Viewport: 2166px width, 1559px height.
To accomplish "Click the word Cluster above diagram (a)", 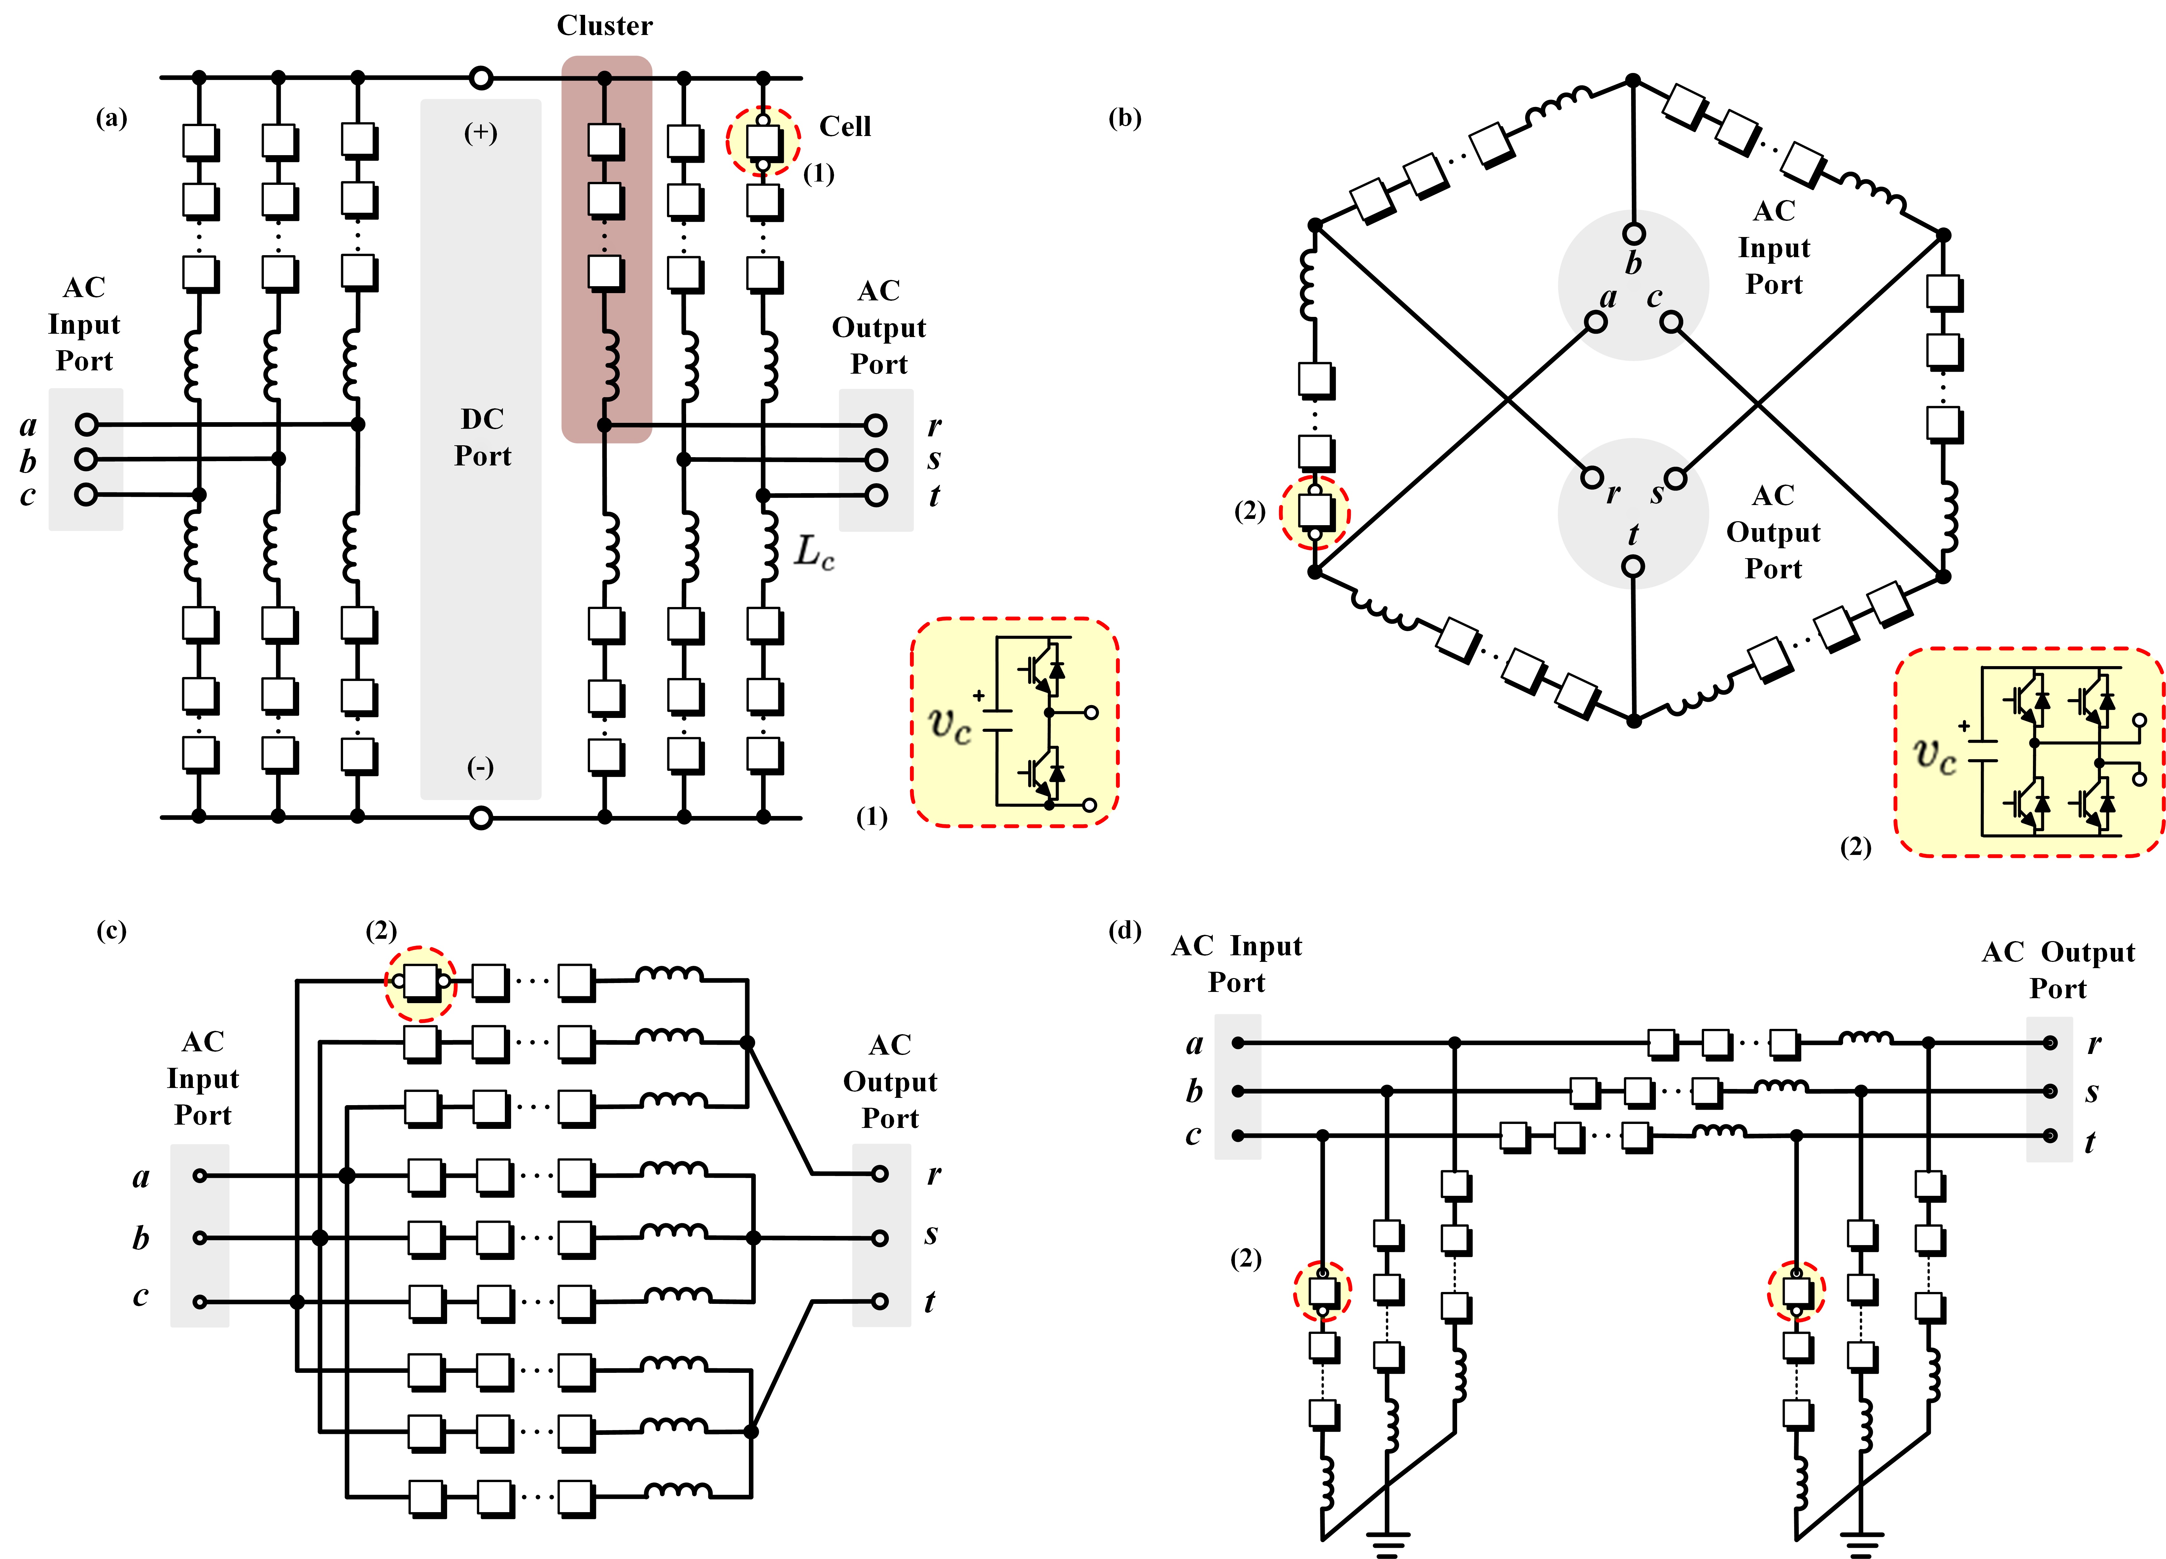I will coord(605,26).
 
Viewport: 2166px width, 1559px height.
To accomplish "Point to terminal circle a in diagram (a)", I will coord(86,424).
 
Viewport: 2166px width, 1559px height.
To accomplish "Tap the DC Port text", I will coord(482,437).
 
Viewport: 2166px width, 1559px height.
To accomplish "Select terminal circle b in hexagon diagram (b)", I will coord(1634,233).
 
